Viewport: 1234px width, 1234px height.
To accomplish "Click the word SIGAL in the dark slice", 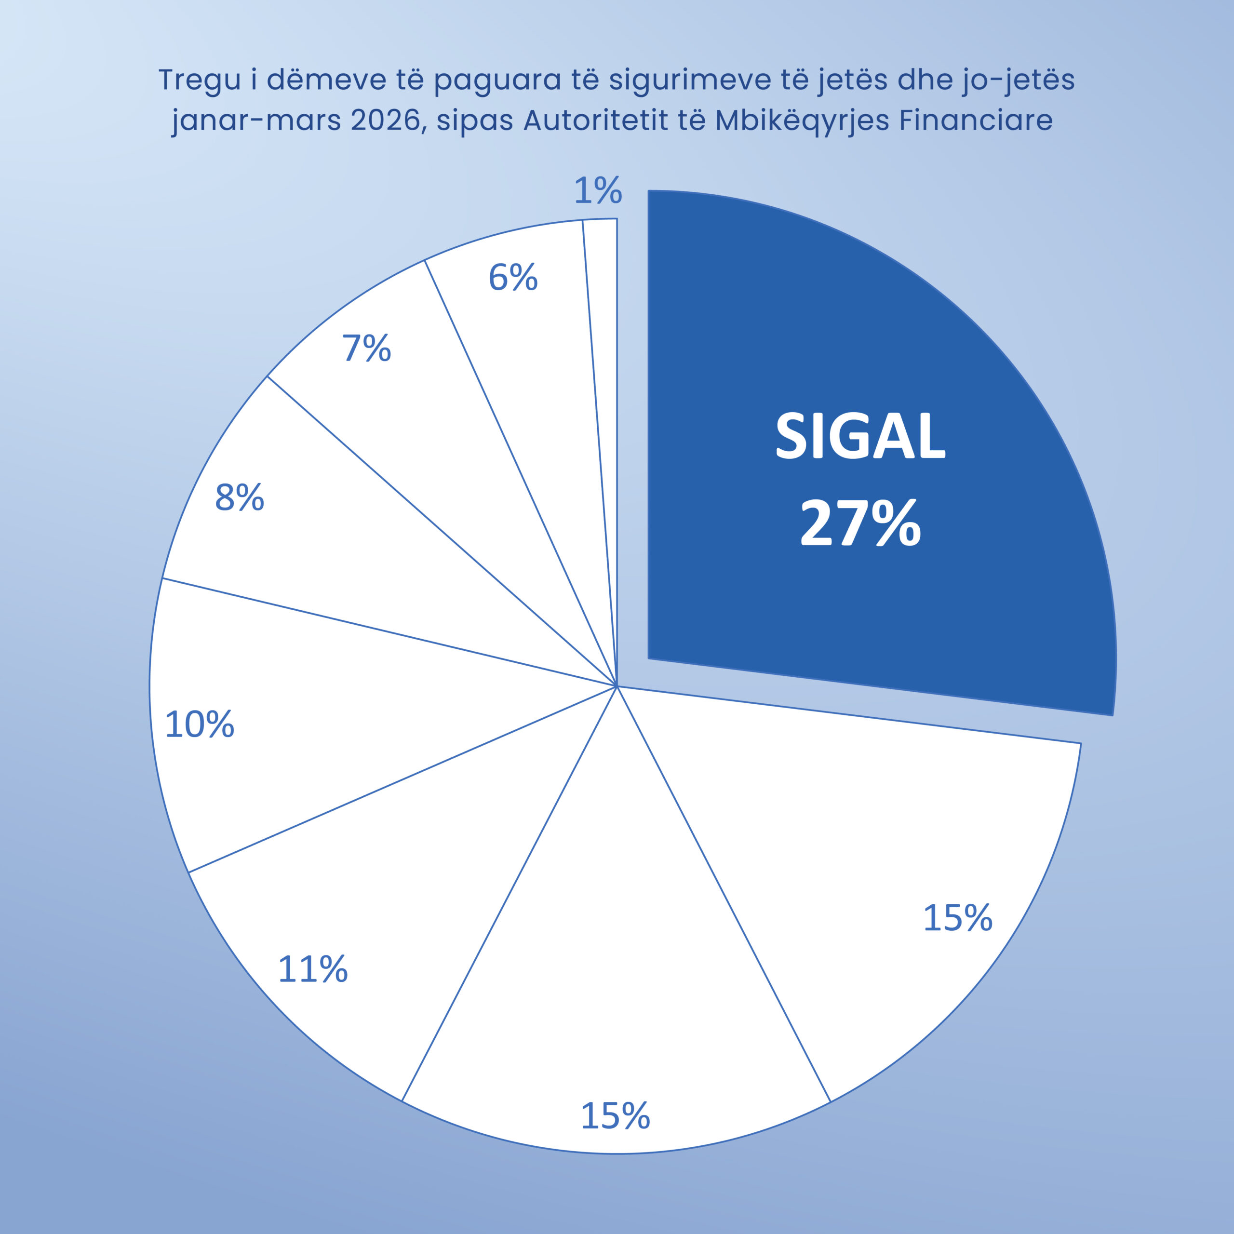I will (x=860, y=436).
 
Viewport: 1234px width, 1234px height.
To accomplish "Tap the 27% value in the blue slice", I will (x=860, y=524).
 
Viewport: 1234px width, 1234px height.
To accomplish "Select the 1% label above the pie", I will (x=598, y=191).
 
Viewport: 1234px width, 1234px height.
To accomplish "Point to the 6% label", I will (x=513, y=278).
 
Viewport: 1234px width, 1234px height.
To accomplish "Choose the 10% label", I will (x=199, y=725).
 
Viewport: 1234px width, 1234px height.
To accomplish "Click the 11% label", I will (x=312, y=969).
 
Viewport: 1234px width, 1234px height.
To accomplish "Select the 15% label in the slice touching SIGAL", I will (x=957, y=918).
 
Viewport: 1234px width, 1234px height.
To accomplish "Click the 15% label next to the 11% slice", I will (x=615, y=1116).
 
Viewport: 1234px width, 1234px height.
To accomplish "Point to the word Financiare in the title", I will (x=976, y=121).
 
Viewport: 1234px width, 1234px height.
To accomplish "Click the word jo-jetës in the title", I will (x=1018, y=81).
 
